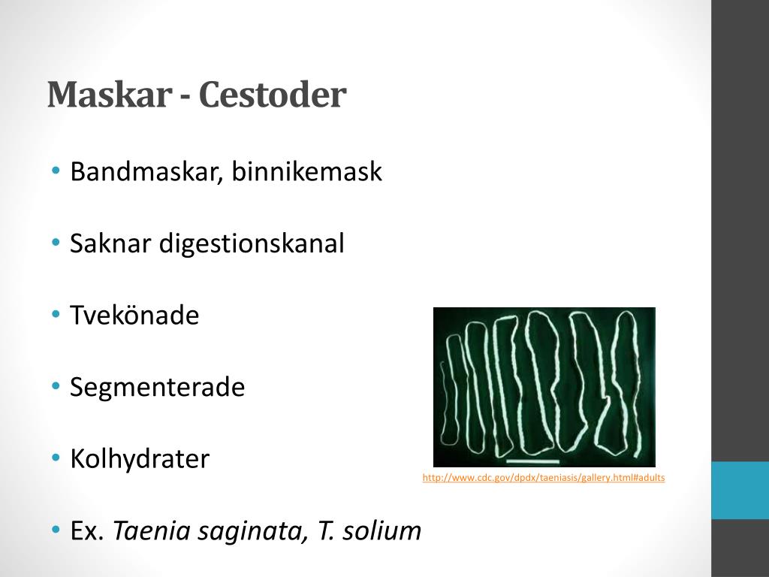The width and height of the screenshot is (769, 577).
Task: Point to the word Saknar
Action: (x=110, y=243)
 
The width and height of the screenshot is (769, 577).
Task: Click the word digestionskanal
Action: (x=251, y=244)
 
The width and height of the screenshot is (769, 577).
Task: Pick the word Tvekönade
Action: (x=134, y=315)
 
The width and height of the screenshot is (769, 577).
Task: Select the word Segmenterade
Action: (x=158, y=388)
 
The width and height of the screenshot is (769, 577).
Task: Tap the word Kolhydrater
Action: (x=140, y=459)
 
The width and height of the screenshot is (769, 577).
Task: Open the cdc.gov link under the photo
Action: (x=544, y=478)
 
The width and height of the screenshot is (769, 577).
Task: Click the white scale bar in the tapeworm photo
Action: (x=533, y=461)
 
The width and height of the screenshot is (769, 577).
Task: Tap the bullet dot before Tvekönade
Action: (x=56, y=315)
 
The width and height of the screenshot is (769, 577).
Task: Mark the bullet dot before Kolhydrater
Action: (x=56, y=458)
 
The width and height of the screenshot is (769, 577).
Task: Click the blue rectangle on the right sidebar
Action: (x=740, y=490)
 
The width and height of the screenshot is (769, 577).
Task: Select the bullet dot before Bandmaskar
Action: (x=56, y=171)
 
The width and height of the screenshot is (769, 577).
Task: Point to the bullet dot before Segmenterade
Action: (x=56, y=387)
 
